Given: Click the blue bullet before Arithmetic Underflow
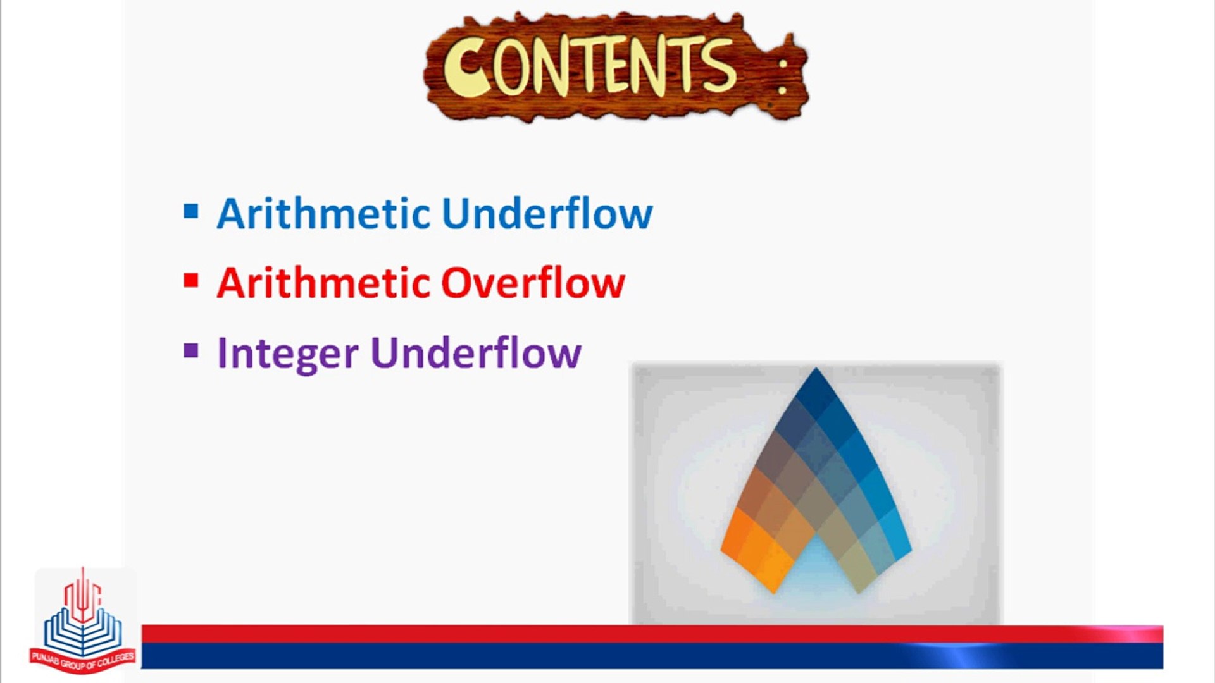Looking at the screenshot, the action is coord(190,211).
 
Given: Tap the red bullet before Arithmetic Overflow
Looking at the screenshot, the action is coord(190,280).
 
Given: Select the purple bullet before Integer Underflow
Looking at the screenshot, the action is coord(190,350).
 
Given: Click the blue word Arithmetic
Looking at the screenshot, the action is coord(324,213).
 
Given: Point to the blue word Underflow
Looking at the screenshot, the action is coord(547,213).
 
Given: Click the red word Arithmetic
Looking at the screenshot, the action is coord(324,283).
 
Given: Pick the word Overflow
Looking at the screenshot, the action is coord(533,283).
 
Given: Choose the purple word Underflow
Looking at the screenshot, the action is coord(476,352).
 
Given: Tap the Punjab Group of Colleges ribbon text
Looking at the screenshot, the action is coord(83,660).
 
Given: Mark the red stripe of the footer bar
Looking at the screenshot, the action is coord(652,634).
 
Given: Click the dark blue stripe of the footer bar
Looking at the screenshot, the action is coord(652,656).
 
